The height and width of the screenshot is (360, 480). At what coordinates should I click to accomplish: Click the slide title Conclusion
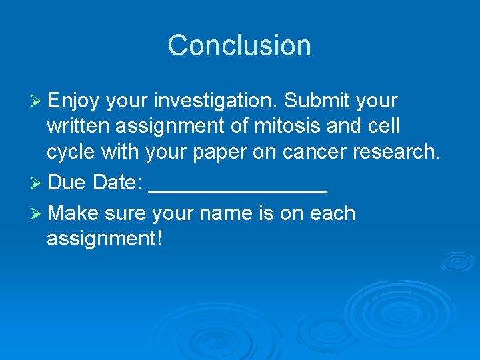click(239, 45)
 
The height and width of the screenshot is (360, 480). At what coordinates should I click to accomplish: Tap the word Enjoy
click(73, 101)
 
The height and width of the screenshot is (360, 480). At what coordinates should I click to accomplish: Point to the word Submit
click(317, 101)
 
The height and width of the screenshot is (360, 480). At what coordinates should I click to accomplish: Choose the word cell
click(380, 127)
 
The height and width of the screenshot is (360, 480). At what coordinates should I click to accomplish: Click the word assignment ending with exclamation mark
click(104, 239)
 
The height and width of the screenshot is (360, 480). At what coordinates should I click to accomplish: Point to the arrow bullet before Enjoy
click(37, 102)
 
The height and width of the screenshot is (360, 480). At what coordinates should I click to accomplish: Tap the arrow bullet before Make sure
click(37, 214)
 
